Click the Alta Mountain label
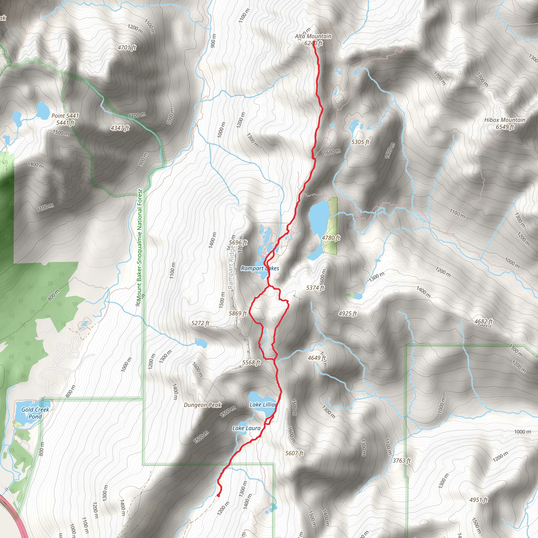pos(313,36)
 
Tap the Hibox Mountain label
pos(505,120)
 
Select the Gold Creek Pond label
pos(35,413)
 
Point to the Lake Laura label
pos(246,428)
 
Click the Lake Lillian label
pos(263,405)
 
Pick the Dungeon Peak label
pos(203,405)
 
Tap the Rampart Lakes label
pos(260,268)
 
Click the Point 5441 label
pos(65,116)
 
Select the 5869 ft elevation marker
pos(237,313)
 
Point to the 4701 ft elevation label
pos(127,48)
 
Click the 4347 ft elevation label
pos(120,128)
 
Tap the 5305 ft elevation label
pos(360,142)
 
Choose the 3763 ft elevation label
pos(402,461)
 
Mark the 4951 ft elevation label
pos(478,500)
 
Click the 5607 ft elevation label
pos(294,453)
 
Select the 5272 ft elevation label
pos(200,323)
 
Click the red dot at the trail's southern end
pos(218,495)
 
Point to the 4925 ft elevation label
pos(348,314)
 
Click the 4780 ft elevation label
pos(331,237)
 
